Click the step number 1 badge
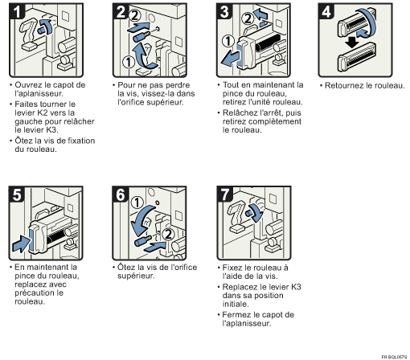click(x=17, y=11)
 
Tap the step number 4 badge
click(x=326, y=11)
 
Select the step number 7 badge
click(x=225, y=194)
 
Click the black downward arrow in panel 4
click(x=352, y=43)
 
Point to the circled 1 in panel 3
click(x=228, y=41)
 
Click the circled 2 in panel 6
click(x=168, y=234)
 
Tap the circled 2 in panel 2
click(x=134, y=15)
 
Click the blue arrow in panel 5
click(x=22, y=243)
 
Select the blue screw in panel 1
click(x=41, y=30)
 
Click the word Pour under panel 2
click(x=126, y=85)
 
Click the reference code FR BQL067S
click(x=394, y=357)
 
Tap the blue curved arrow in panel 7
click(x=256, y=212)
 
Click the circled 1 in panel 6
click(x=137, y=202)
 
